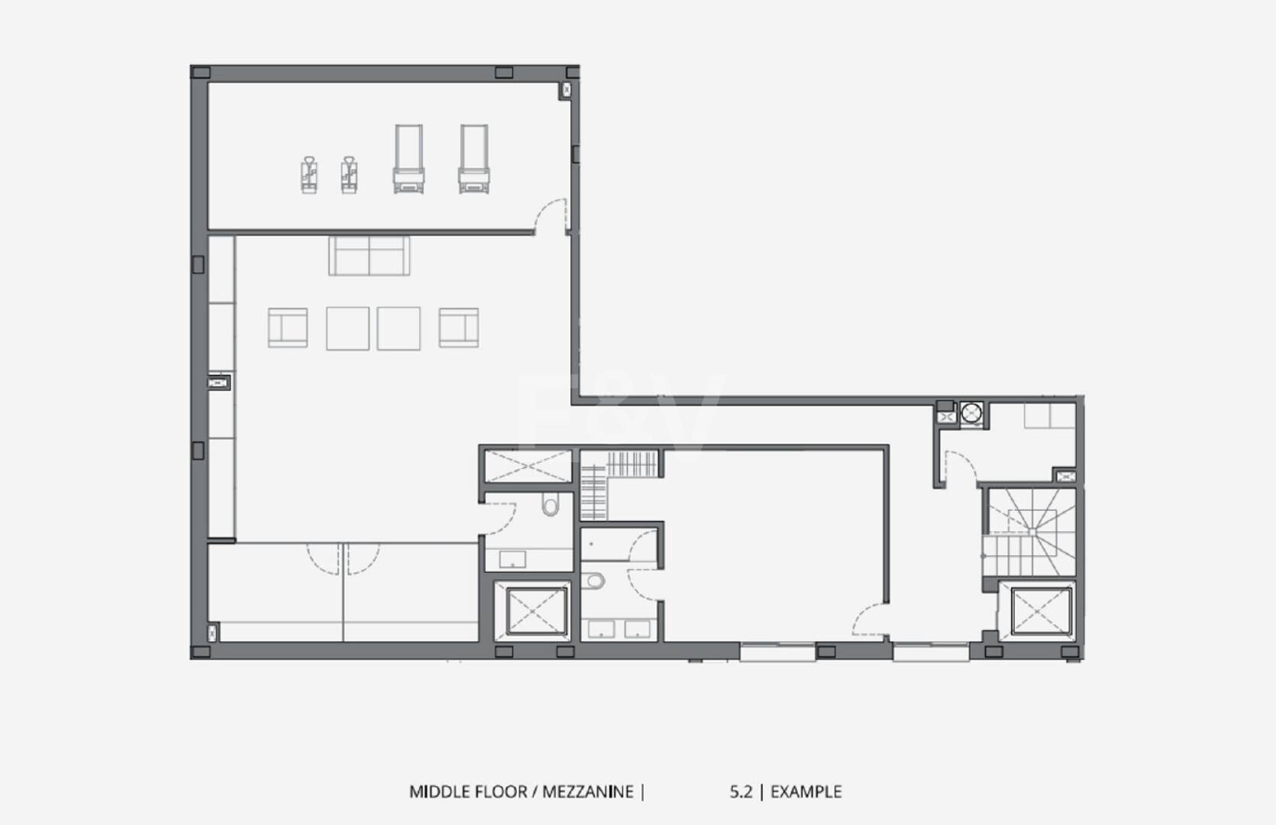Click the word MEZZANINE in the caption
(x=588, y=792)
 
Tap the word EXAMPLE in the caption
(x=806, y=792)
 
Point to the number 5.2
(x=741, y=792)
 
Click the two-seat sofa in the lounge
(x=369, y=256)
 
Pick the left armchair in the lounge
(x=288, y=328)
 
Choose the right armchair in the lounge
(x=459, y=328)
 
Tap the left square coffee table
(x=347, y=328)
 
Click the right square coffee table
(x=399, y=328)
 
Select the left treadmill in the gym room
(x=409, y=159)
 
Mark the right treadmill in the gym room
(x=474, y=159)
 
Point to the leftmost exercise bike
(x=309, y=175)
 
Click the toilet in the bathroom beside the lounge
(x=550, y=504)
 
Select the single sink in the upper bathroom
(x=512, y=559)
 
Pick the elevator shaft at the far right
(x=1041, y=611)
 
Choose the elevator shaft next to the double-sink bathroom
(x=536, y=611)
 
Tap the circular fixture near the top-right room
(x=972, y=412)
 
